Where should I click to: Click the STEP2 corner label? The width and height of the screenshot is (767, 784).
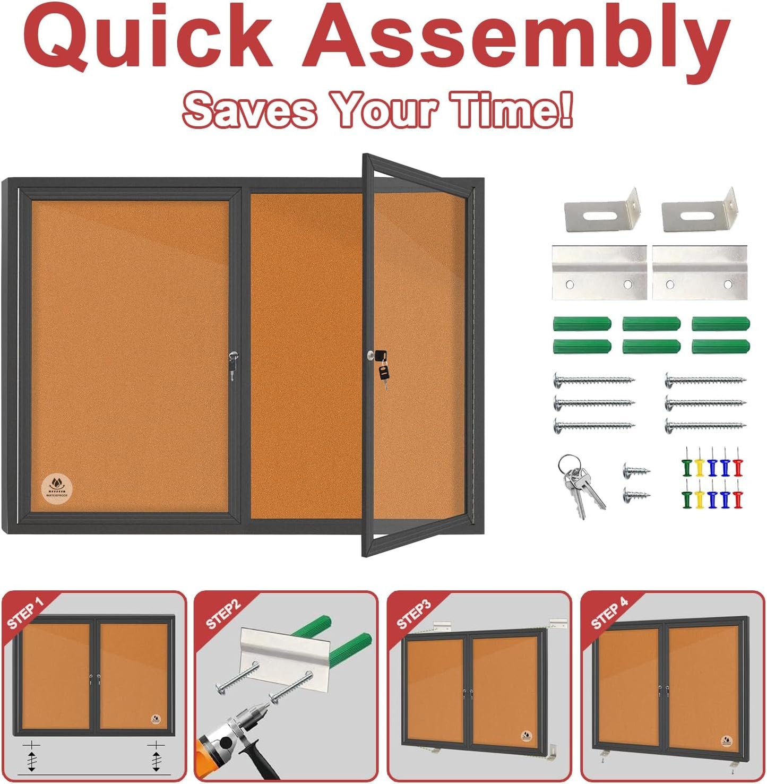click(x=223, y=615)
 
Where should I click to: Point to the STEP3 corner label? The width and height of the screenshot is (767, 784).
click(x=414, y=615)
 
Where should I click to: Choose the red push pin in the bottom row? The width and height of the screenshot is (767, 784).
click(x=737, y=499)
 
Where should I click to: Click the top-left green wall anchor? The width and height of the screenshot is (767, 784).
click(x=582, y=323)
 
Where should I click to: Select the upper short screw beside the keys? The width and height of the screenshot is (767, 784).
click(x=636, y=470)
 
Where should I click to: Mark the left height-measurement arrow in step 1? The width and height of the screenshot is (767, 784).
click(x=32, y=757)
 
